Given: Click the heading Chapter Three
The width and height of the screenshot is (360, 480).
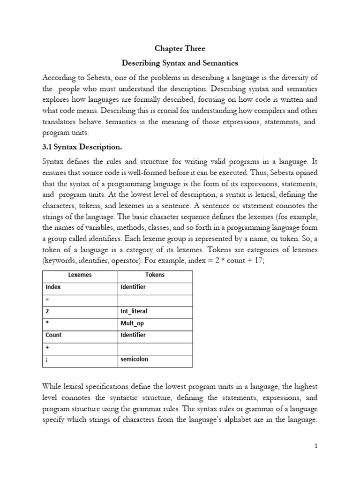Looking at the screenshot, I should (x=180, y=48).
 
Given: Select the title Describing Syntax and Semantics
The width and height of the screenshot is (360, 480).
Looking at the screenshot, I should (x=180, y=63).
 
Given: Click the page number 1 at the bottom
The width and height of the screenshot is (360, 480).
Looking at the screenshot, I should (x=316, y=446).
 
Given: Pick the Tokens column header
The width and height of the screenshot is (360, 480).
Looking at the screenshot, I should (x=155, y=275).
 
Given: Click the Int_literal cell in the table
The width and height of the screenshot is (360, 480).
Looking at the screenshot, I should (x=134, y=311).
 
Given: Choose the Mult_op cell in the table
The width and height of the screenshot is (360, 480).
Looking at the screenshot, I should (x=132, y=323).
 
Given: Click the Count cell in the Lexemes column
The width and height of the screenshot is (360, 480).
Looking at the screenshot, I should (x=54, y=335).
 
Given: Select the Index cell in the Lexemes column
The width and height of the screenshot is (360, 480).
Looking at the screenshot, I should (x=53, y=287).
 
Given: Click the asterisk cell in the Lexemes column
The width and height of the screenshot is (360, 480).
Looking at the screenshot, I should (x=47, y=323).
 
